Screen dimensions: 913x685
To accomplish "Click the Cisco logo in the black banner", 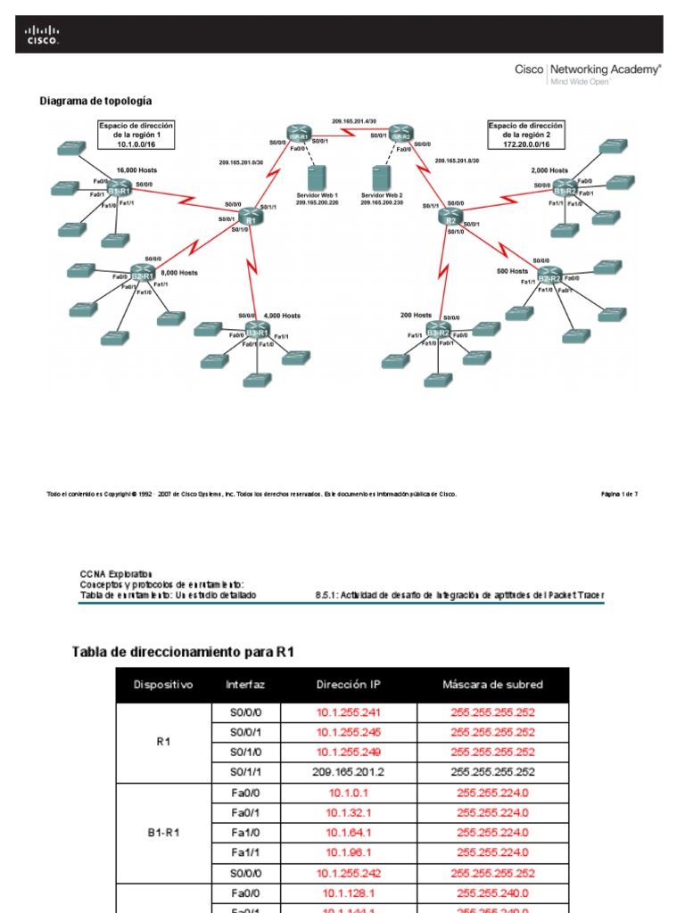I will (42, 35).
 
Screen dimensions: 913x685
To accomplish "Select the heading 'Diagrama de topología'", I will (95, 102).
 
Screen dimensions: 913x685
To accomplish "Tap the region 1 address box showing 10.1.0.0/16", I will (136, 134).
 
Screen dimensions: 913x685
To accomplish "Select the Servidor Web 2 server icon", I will (381, 177).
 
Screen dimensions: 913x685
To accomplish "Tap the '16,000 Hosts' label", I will (136, 169).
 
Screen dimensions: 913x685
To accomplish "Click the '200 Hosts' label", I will (417, 315).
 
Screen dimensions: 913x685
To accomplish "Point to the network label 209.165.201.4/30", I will (353, 120).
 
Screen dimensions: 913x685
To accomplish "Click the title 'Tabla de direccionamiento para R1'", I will (183, 653).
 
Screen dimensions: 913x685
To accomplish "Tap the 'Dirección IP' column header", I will (347, 685).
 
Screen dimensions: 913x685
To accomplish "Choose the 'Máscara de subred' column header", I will (492, 685).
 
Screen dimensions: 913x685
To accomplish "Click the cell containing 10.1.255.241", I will (347, 712).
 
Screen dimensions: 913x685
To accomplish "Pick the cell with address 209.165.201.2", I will (347, 772).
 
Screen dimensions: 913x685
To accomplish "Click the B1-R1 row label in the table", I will (163, 832).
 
